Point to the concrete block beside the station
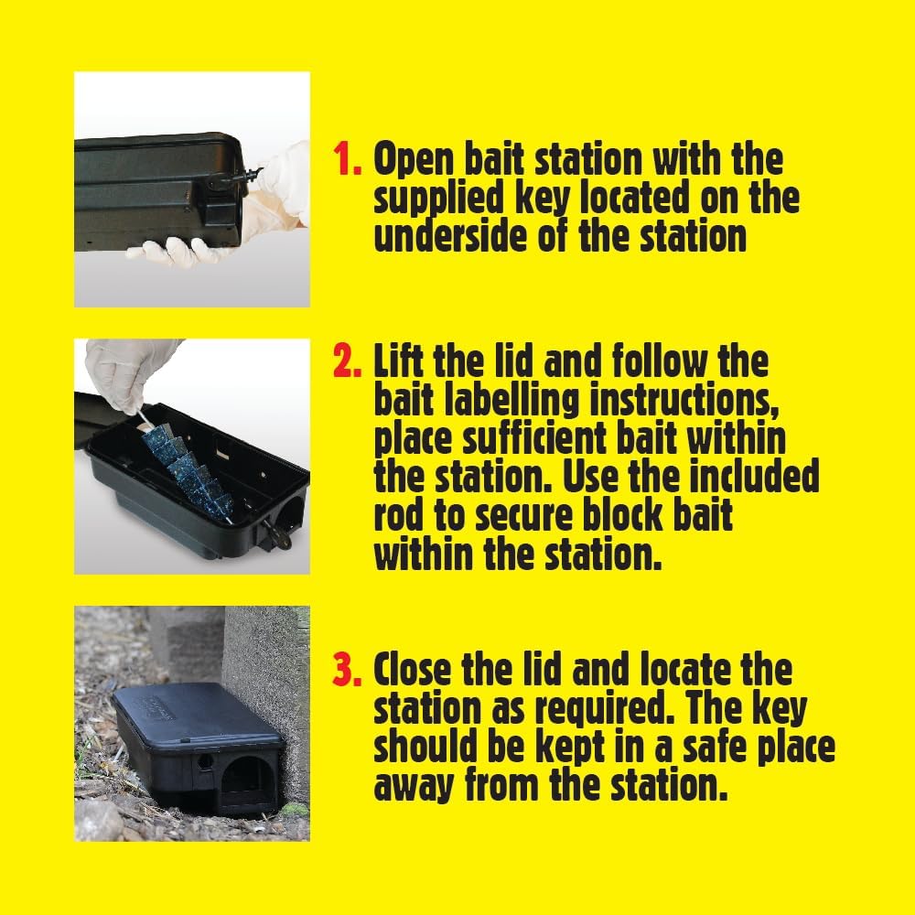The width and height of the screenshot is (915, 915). [x=264, y=677]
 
